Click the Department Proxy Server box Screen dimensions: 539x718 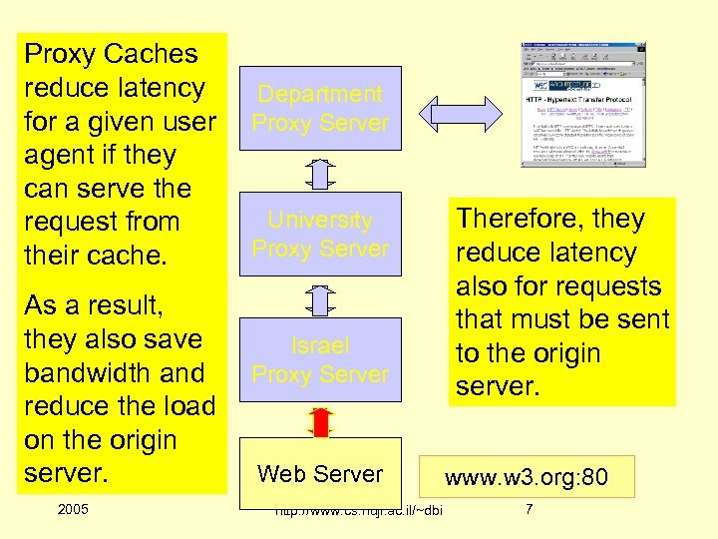point(319,108)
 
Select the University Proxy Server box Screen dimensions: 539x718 point(319,234)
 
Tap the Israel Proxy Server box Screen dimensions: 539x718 point(319,359)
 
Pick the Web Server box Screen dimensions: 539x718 point(319,473)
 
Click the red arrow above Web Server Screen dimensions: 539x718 point(320,422)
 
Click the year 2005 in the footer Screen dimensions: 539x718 point(73,510)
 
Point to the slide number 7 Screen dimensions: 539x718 point(530,511)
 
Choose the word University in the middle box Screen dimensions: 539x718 point(320,220)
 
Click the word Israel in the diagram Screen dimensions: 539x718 point(320,345)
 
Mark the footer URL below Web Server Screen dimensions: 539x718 point(359,513)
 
